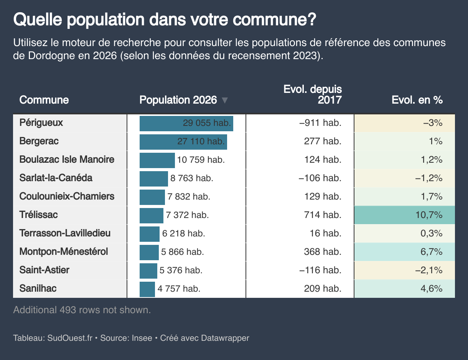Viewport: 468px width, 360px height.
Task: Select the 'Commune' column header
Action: click(44, 100)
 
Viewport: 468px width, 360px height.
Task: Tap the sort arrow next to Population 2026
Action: click(225, 101)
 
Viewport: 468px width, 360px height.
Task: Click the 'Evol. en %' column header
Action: click(417, 100)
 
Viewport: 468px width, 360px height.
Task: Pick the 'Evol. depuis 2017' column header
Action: click(313, 95)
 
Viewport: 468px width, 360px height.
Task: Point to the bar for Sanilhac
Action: click(147, 289)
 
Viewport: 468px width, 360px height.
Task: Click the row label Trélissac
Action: click(38, 215)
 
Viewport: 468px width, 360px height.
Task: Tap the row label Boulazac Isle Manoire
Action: click(67, 159)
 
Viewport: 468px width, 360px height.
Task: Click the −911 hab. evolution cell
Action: click(320, 123)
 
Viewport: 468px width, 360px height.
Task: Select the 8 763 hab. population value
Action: click(191, 178)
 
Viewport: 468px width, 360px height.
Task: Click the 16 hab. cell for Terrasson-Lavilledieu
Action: click(325, 233)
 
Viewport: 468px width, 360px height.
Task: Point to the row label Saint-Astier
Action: click(44, 270)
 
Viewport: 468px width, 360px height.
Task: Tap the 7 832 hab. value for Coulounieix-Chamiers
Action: click(189, 197)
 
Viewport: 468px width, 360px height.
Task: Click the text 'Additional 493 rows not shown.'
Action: click(82, 310)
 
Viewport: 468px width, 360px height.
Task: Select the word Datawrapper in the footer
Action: click(225, 338)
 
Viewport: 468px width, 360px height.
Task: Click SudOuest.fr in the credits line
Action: click(70, 338)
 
